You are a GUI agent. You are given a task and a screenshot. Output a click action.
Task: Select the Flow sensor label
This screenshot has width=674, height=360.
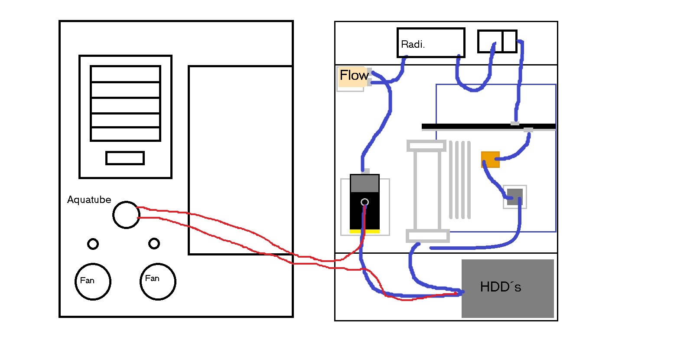point(354,75)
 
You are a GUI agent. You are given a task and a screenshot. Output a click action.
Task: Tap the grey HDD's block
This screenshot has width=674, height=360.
point(508,288)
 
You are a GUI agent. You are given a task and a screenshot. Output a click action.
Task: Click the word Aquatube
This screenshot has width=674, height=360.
point(89,200)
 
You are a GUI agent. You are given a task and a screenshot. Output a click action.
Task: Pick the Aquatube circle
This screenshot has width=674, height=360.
point(113,215)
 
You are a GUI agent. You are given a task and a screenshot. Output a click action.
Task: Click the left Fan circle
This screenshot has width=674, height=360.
point(75,282)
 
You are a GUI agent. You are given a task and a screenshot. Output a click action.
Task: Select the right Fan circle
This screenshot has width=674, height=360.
point(140,282)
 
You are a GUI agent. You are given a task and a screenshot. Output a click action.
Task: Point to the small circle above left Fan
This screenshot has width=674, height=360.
point(88,244)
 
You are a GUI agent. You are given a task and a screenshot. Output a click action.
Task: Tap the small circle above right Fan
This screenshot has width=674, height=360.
point(149,243)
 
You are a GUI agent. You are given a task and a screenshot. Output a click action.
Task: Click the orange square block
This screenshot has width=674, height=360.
point(491,160)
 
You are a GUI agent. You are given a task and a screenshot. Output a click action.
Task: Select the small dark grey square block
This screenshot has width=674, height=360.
point(515,197)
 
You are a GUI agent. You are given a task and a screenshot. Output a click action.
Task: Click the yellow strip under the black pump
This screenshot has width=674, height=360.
point(365,231)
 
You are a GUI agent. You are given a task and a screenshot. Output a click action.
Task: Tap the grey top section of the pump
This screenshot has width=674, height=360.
point(365,183)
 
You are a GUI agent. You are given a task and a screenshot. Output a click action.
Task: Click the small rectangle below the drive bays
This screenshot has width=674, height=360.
point(106,158)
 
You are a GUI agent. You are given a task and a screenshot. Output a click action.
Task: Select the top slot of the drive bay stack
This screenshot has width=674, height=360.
point(125,74)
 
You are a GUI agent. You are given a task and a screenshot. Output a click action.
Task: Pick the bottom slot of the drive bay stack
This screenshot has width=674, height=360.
point(125,134)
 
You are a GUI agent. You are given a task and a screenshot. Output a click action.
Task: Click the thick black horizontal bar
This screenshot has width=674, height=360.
point(488,126)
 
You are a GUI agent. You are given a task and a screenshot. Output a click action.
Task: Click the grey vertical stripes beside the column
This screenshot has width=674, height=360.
point(460,180)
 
